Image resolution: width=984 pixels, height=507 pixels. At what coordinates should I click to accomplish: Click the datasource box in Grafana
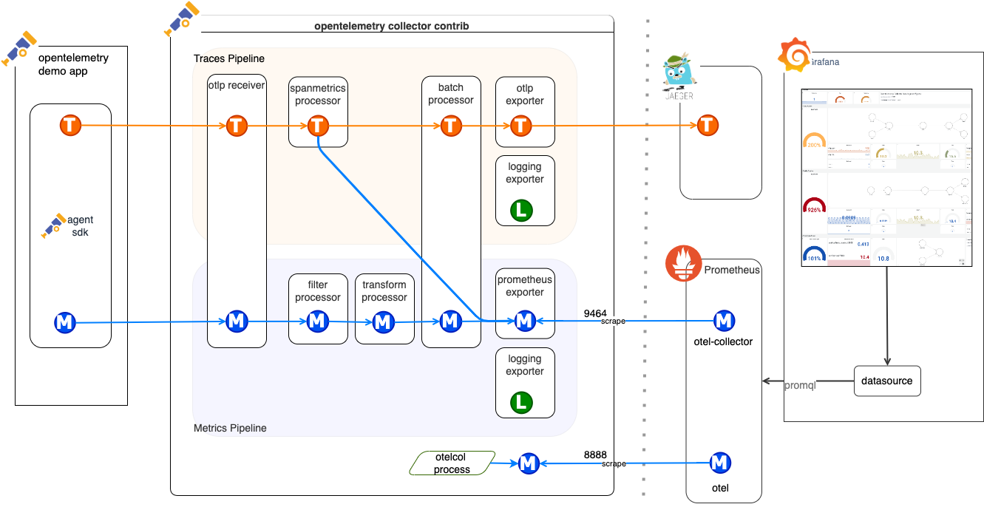click(887, 381)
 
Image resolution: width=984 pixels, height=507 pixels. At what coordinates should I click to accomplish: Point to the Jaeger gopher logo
click(678, 75)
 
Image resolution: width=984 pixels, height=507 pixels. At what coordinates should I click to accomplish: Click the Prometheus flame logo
click(683, 264)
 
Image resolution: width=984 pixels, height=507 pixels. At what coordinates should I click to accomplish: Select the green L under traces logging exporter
click(522, 211)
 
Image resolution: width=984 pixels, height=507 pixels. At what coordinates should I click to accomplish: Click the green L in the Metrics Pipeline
click(522, 403)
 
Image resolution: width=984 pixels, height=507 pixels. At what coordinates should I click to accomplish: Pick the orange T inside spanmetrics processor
click(318, 126)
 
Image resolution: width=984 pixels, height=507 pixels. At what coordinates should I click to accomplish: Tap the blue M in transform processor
click(383, 321)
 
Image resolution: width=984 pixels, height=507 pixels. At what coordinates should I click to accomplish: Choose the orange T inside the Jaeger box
click(708, 126)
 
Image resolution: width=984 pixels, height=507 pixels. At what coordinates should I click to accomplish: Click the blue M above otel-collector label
click(724, 321)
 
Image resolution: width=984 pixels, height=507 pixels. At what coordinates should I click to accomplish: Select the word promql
click(800, 386)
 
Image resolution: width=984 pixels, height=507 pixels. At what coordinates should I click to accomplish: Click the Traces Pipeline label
click(228, 58)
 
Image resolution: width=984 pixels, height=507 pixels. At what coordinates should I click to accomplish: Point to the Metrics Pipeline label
click(230, 428)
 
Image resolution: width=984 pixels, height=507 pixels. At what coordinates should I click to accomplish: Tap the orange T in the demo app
click(70, 126)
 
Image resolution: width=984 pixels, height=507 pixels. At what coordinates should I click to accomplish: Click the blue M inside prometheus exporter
click(525, 321)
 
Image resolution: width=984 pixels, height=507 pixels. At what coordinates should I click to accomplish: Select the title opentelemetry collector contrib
click(392, 26)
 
